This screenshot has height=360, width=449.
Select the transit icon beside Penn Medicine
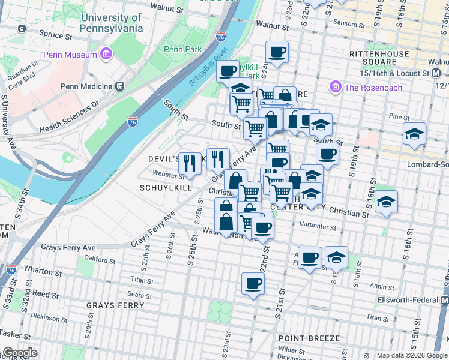tap(119, 86)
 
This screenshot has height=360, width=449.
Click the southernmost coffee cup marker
tap(253, 283)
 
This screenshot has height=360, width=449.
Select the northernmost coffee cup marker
tap(277, 52)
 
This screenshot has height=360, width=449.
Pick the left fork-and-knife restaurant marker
tap(190, 163)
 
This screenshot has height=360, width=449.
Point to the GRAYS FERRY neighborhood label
tap(115, 305)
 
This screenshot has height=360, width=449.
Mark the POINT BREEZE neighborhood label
tap(309, 338)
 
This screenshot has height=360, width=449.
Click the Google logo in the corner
tap(19, 353)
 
